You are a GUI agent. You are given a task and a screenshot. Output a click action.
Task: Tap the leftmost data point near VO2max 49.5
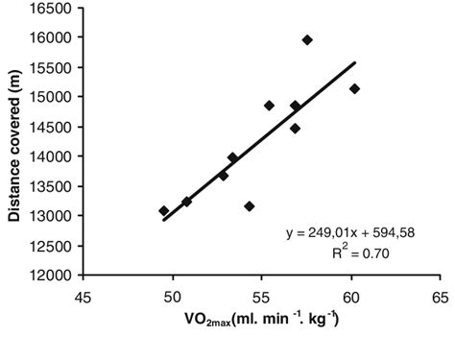tap(163, 211)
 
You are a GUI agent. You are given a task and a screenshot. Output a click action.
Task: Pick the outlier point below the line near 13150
tap(250, 206)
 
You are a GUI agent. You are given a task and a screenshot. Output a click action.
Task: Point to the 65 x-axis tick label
tap(441, 295)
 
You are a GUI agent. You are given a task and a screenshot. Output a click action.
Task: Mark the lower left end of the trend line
tap(164, 220)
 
